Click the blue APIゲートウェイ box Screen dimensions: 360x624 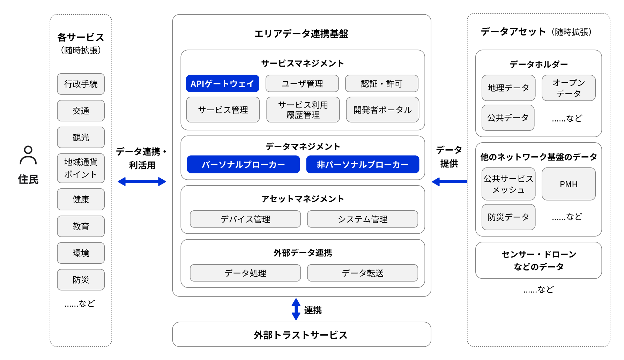tap(222, 84)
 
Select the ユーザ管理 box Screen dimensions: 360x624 tap(302, 84)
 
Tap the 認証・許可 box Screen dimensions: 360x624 tap(381, 84)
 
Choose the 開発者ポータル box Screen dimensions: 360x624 tap(382, 110)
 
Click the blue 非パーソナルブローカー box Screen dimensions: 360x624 tap(362, 164)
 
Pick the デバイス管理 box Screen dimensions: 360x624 tap(245, 219)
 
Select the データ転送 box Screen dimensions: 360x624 tap(362, 273)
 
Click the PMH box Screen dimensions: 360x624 tap(568, 184)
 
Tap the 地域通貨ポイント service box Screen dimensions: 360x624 tap(81, 168)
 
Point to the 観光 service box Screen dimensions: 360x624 tap(81, 137)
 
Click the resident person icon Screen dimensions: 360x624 tap(28, 155)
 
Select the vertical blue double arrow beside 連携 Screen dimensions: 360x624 tap(296, 309)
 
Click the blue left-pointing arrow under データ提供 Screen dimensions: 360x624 tap(449, 182)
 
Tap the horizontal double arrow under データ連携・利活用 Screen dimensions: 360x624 tap(142, 182)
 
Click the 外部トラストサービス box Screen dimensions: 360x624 tap(302, 335)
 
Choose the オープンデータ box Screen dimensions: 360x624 tap(568, 88)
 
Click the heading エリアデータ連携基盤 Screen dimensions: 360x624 tap(301, 34)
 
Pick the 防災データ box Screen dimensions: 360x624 tap(508, 217)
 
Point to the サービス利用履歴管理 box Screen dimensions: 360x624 tap(303, 110)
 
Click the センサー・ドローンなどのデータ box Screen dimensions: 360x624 tap(538, 261)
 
